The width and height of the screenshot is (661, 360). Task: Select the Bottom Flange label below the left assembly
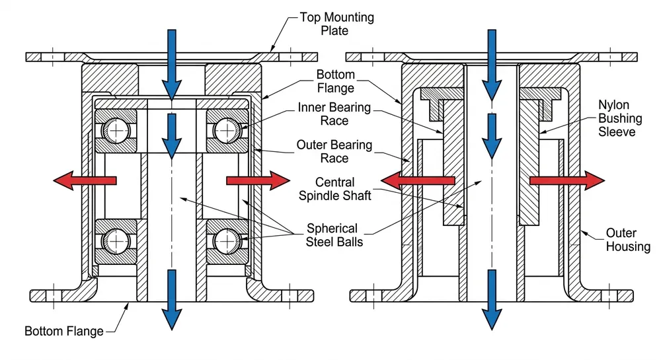tap(64, 330)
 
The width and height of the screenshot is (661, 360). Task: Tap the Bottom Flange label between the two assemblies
tap(335, 81)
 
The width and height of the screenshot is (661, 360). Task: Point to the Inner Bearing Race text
tap(334, 114)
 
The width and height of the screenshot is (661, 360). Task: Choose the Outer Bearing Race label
tap(334, 151)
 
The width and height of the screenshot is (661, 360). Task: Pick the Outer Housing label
tap(621, 240)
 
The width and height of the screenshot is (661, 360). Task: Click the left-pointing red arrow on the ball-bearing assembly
tap(85, 180)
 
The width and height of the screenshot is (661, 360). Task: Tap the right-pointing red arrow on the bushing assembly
tap(566, 180)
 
